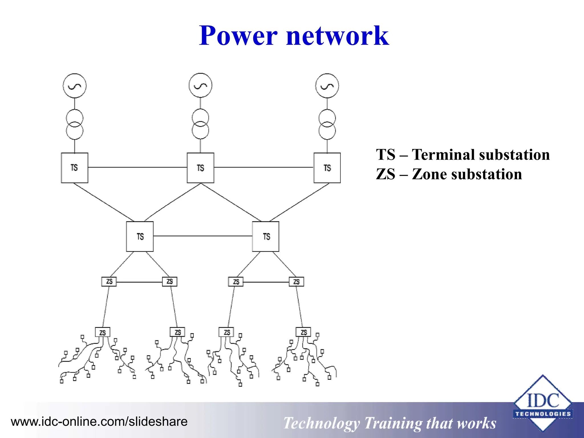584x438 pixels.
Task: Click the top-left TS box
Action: [x=74, y=168]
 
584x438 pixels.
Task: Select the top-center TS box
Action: [x=200, y=168]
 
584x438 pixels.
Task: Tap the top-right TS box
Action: [x=327, y=168]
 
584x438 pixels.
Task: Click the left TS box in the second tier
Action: [x=140, y=236]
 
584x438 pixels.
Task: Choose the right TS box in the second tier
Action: [x=266, y=236]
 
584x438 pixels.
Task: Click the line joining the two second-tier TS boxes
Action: [x=202, y=236]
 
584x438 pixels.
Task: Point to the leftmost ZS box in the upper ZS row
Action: [x=109, y=281]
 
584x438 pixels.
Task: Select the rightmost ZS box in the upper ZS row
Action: [x=296, y=282]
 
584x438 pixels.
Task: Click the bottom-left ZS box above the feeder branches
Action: [x=102, y=332]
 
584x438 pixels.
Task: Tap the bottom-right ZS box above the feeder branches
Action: [x=303, y=332]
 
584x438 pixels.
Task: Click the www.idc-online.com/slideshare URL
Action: [x=99, y=421]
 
